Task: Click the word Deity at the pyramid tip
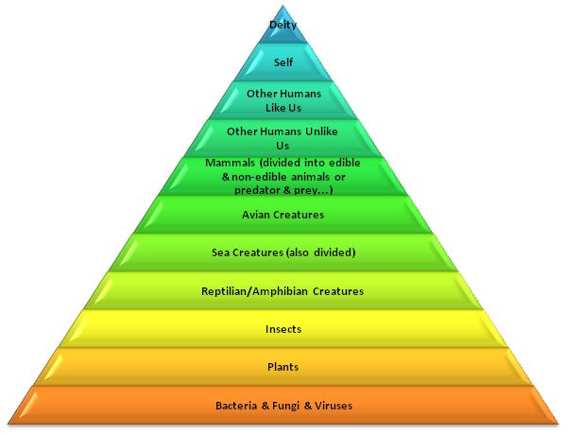click(283, 25)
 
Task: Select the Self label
click(283, 62)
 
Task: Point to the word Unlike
click(321, 131)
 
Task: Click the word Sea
click(220, 252)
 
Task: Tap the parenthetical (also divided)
click(320, 252)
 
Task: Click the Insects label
click(283, 329)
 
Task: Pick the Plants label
click(283, 367)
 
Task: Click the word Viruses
click(334, 406)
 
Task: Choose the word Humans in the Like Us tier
click(300, 94)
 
